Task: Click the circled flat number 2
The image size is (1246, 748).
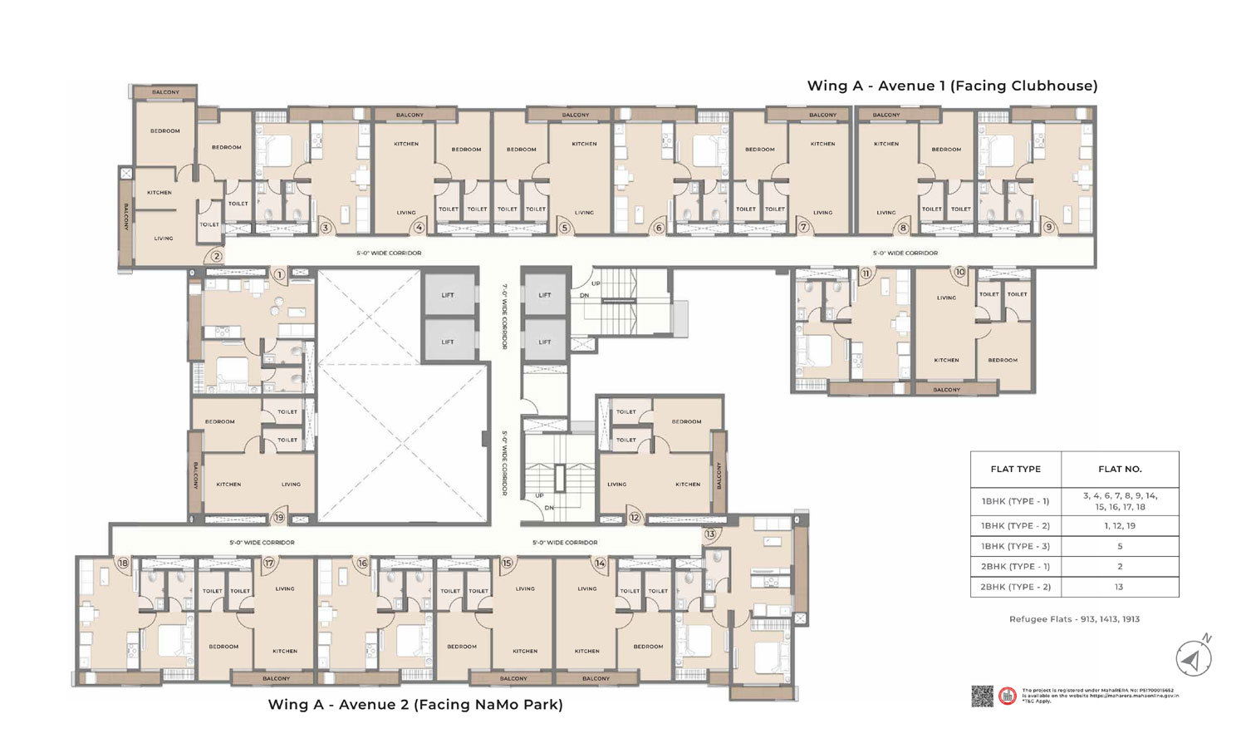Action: pyautogui.click(x=217, y=257)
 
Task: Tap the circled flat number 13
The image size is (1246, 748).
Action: pyautogui.click(x=710, y=534)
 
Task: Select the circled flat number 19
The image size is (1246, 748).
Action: pyautogui.click(x=278, y=518)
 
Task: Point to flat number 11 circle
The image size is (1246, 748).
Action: pyautogui.click(x=866, y=273)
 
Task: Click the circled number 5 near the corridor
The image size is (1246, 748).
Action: pyautogui.click(x=564, y=228)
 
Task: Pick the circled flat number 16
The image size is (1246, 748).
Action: pyautogui.click(x=362, y=563)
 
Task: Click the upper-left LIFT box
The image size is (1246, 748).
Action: pyautogui.click(x=448, y=295)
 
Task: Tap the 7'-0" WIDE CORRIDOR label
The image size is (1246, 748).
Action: pyautogui.click(x=504, y=315)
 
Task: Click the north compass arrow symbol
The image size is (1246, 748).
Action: pyautogui.click(x=1193, y=659)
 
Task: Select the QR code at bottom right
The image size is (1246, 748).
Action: pyautogui.click(x=982, y=696)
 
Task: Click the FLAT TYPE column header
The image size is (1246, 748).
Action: pyautogui.click(x=1015, y=469)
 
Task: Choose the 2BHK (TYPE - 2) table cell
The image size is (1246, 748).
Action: pyautogui.click(x=1015, y=587)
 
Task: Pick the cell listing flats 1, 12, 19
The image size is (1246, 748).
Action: pyautogui.click(x=1120, y=525)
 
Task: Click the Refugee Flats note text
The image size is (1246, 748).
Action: pyautogui.click(x=1074, y=619)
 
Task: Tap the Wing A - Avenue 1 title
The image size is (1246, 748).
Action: pyautogui.click(x=952, y=86)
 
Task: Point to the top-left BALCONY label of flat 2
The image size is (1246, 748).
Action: pyautogui.click(x=165, y=92)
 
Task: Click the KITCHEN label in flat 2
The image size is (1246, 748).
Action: pyautogui.click(x=159, y=193)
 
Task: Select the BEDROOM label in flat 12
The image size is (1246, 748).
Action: pyautogui.click(x=686, y=421)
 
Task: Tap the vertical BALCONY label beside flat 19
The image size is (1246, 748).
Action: pyautogui.click(x=197, y=475)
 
